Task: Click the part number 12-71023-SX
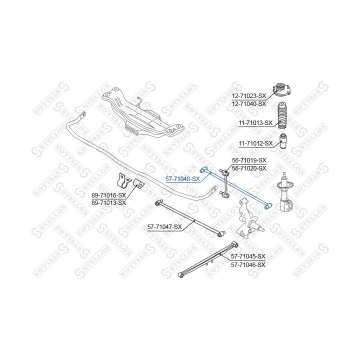click(x=248, y=95)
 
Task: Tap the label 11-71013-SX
click(x=255, y=122)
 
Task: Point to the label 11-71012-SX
click(x=255, y=143)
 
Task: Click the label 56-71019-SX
click(x=249, y=160)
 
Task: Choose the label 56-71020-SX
click(x=249, y=168)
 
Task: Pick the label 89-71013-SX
click(x=108, y=203)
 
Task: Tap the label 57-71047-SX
click(x=164, y=227)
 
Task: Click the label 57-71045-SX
click(x=248, y=256)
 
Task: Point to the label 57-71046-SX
click(x=248, y=264)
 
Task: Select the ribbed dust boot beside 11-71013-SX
click(x=282, y=116)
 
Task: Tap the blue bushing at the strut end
click(x=268, y=205)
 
